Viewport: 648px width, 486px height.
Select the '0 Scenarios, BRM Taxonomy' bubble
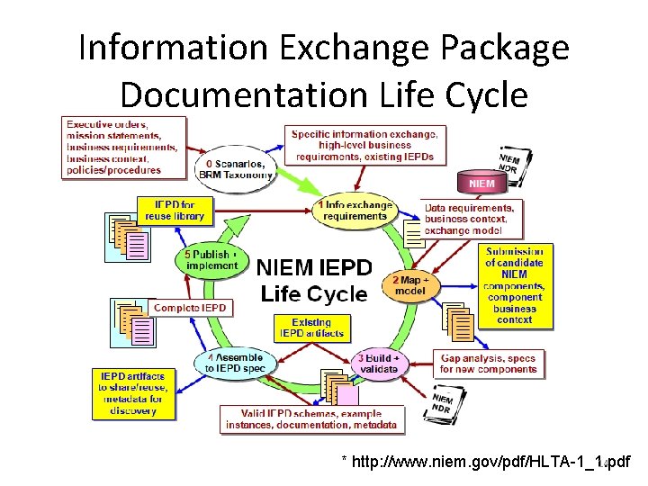point(235,169)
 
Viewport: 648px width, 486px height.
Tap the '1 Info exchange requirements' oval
point(355,211)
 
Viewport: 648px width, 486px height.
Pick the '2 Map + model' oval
point(412,285)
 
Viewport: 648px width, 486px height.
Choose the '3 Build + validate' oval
point(381,363)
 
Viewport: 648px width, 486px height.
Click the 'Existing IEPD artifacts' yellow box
point(311,328)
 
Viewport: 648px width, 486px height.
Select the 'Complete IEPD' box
point(190,308)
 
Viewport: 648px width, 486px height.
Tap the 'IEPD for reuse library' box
point(171,211)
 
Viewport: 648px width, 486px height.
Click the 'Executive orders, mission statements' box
point(124,147)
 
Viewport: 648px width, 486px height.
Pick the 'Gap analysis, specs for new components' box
point(489,364)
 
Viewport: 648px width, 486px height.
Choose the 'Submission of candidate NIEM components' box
point(514,284)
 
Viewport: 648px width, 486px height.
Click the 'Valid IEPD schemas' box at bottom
point(312,418)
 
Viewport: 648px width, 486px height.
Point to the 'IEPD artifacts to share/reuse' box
point(134,392)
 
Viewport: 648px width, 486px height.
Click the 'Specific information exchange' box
point(364,144)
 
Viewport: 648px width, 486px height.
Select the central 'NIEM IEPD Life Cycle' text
point(312,280)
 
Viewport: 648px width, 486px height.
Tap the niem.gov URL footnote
point(486,462)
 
